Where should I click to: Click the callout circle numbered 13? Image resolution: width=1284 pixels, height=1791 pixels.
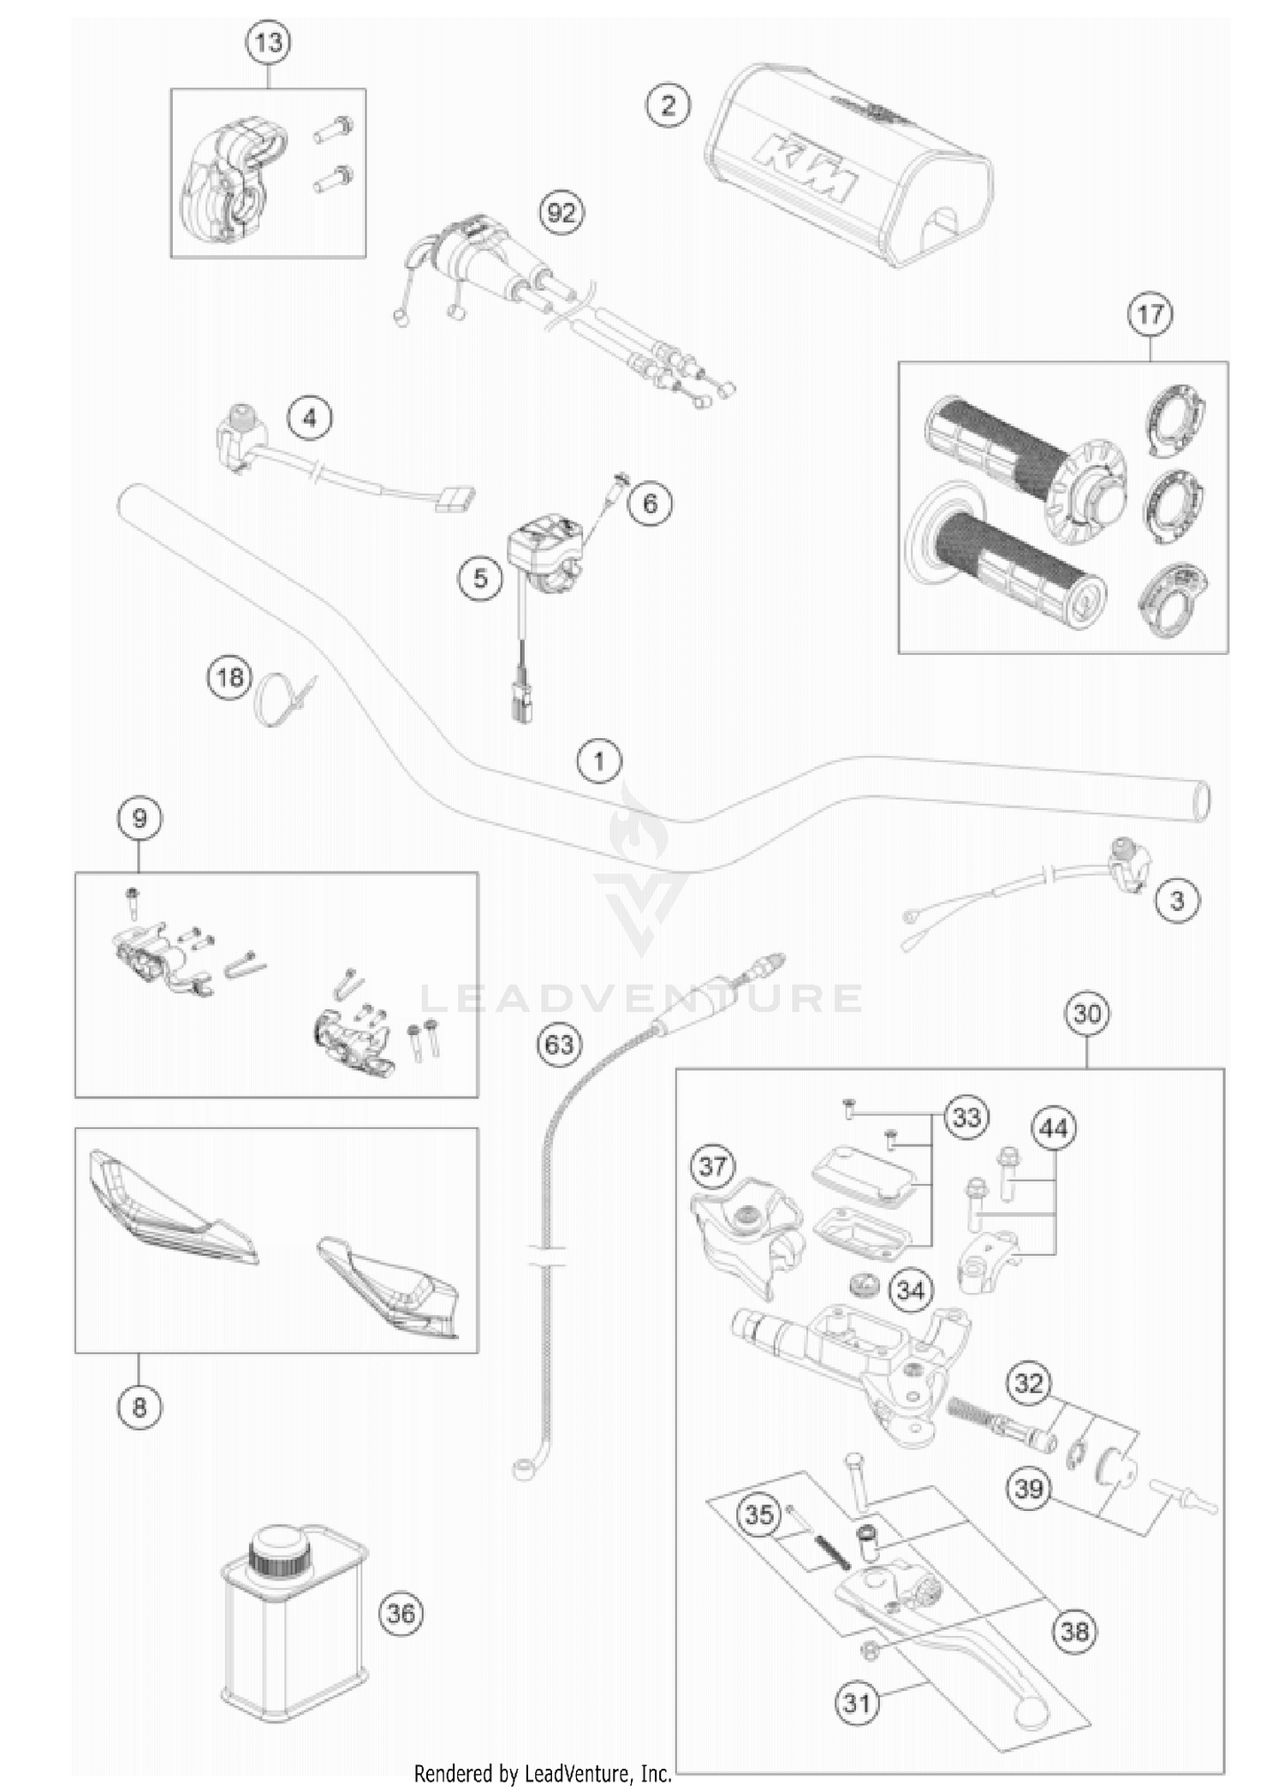(x=268, y=42)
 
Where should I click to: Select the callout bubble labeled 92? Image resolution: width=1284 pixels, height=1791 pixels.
(x=562, y=211)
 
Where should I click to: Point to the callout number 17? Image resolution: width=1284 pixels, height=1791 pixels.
(x=1150, y=314)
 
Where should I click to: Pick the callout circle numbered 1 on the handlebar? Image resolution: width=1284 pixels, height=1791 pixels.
(x=598, y=760)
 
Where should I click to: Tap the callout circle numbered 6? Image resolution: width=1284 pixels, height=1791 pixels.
(x=650, y=503)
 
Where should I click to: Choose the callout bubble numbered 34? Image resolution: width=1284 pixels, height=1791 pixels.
(x=911, y=1290)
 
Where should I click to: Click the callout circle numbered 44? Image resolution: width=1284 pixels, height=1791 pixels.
(x=1054, y=1129)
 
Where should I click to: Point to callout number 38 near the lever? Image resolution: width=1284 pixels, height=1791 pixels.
(x=1075, y=1630)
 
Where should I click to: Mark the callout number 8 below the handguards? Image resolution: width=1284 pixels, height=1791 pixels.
(x=140, y=1407)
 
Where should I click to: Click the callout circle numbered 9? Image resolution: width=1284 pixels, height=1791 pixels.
(x=140, y=818)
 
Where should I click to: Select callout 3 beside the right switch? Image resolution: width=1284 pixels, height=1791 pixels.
(x=1177, y=901)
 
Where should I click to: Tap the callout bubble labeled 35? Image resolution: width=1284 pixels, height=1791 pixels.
(x=759, y=1514)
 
